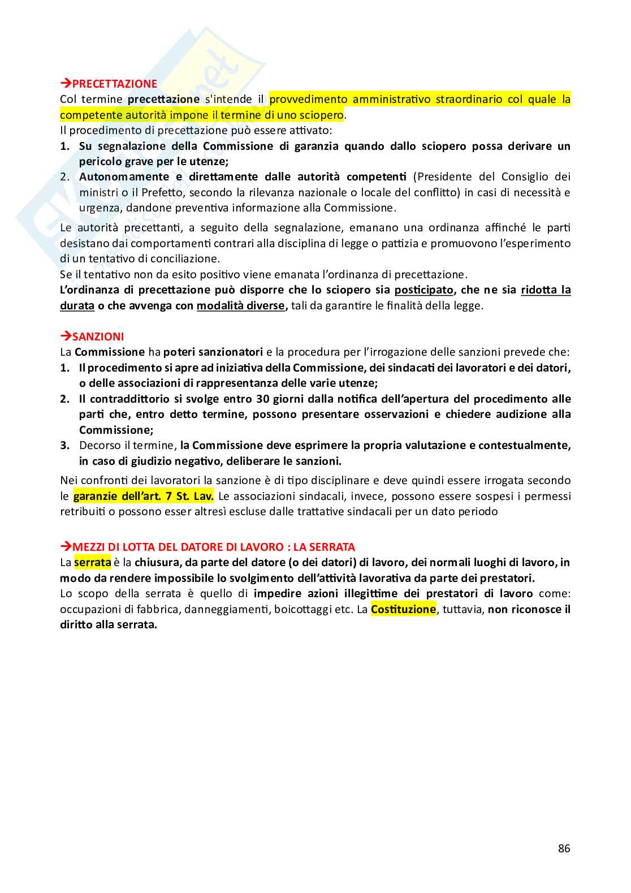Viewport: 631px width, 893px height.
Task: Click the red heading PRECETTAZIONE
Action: pos(114,84)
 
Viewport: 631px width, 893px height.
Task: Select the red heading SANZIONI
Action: pos(98,337)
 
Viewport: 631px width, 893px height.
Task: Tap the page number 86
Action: pos(564,848)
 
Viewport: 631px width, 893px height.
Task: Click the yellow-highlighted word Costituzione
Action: pos(403,609)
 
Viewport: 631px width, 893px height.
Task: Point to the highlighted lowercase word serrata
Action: pos(92,562)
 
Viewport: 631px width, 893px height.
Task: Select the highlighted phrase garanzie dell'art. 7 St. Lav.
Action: pos(144,496)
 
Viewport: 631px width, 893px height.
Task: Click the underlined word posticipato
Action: pos(423,290)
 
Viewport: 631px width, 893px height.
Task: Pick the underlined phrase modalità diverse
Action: pos(241,305)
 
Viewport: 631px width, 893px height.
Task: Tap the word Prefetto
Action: pos(165,192)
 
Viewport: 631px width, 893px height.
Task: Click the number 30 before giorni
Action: pos(262,399)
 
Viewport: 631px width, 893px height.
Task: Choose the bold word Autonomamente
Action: pos(124,176)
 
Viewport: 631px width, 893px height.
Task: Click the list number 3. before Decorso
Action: pos(65,445)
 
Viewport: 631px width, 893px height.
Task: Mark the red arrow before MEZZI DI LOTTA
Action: pos(66,547)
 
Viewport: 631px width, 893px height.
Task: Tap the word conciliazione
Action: pos(187,258)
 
